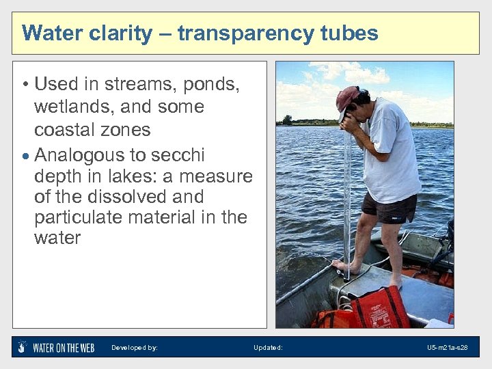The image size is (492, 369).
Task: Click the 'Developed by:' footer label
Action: tap(135, 348)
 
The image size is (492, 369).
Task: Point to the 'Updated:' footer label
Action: tap(268, 348)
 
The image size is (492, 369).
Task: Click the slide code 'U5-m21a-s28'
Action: tap(448, 348)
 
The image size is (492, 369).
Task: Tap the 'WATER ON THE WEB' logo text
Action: tap(64, 348)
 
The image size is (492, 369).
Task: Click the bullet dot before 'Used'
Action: tap(24, 85)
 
